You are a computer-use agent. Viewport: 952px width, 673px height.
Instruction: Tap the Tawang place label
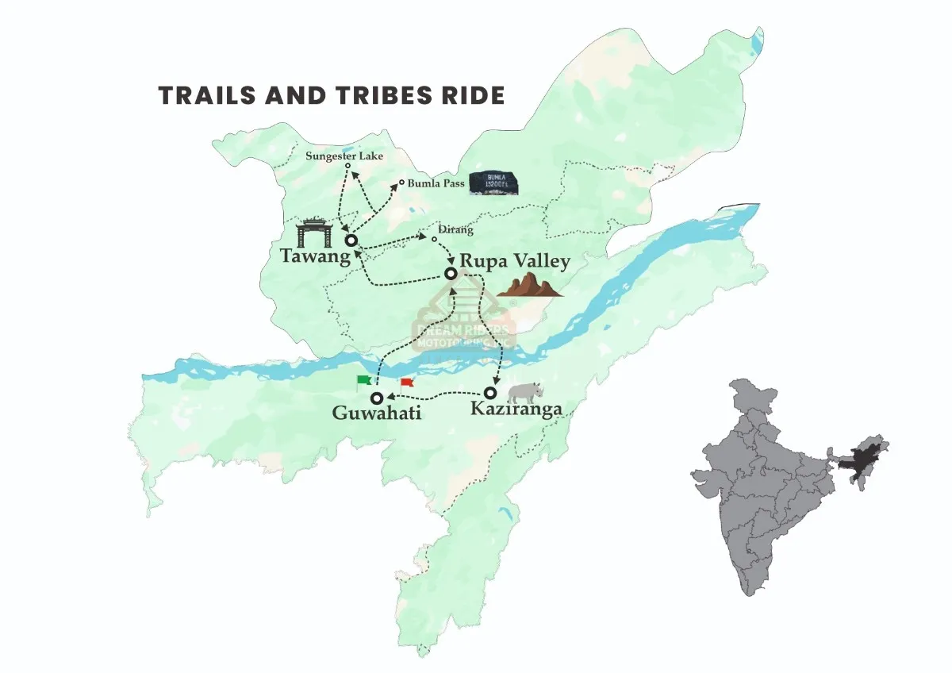coord(315,256)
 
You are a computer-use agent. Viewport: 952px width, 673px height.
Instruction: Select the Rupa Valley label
coord(515,260)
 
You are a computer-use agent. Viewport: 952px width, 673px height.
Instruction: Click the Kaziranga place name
coord(516,409)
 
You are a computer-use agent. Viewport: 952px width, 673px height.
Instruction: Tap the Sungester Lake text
coord(344,156)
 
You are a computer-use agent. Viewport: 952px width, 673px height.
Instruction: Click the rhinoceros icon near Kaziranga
coord(524,390)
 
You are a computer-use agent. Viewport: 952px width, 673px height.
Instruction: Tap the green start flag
coord(364,381)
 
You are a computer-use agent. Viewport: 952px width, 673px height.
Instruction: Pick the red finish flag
coord(407,383)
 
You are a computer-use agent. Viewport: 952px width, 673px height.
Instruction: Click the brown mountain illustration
coord(529,285)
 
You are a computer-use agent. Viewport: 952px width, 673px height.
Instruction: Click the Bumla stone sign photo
coord(494,183)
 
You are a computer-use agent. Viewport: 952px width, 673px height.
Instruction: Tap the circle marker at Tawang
coord(350,239)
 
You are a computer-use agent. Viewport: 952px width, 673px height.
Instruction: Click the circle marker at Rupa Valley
coord(451,273)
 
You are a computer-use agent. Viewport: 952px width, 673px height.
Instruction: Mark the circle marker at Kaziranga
coord(491,393)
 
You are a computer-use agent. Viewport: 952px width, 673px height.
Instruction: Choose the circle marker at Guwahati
coord(378,397)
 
